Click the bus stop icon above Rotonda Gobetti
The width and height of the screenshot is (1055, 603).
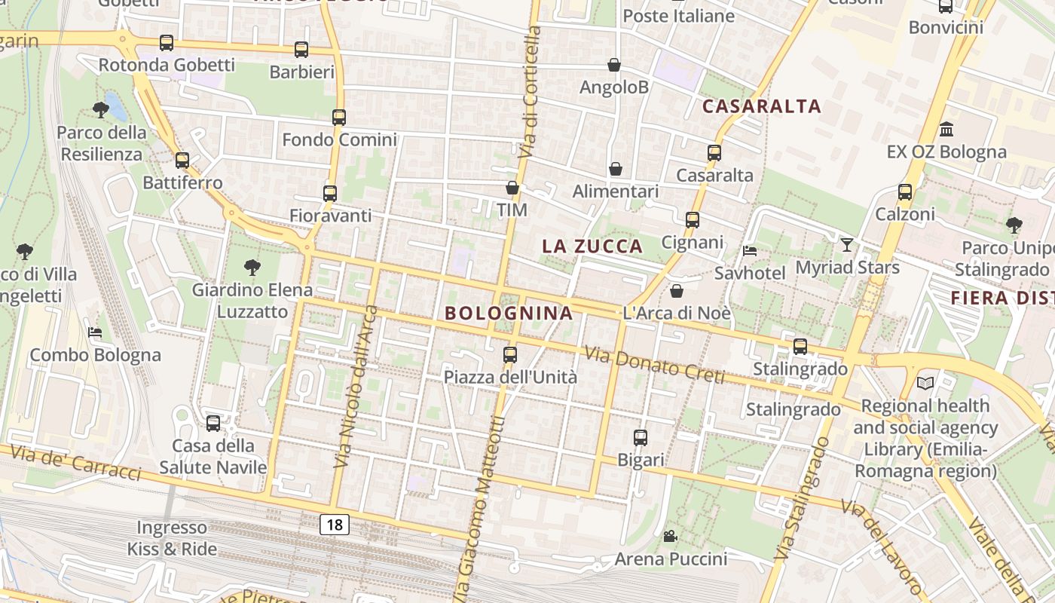(167, 43)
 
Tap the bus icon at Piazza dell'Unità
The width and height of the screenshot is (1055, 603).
(510, 354)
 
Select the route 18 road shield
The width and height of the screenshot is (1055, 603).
(335, 525)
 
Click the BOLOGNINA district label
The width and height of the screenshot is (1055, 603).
(509, 313)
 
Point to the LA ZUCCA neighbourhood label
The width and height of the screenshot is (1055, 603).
(592, 246)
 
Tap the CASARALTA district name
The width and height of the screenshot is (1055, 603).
(761, 106)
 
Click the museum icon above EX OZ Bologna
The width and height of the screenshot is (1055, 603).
(946, 130)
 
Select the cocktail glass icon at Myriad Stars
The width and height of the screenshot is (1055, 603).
(847, 245)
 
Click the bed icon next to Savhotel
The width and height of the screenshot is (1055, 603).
(749, 251)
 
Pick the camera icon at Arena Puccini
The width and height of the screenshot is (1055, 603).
(670, 536)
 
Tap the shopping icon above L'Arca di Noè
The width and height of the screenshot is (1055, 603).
(677, 291)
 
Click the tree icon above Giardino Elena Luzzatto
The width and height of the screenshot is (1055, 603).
(252, 267)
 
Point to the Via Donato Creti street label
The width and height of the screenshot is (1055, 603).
(654, 364)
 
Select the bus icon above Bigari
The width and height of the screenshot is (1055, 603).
(641, 437)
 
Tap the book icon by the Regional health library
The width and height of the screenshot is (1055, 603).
(925, 383)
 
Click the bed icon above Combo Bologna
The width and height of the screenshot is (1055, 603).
(95, 332)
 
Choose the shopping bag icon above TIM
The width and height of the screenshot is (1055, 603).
(512, 188)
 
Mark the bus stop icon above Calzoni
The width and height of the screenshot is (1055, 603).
(905, 192)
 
